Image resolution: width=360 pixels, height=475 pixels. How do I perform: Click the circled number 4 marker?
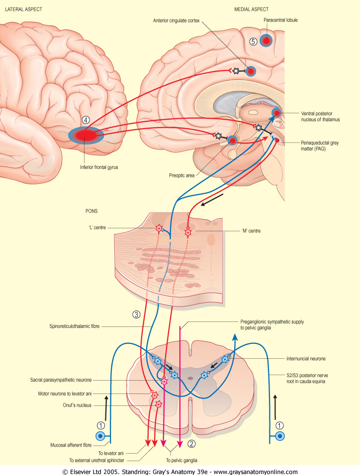click(x=86, y=120)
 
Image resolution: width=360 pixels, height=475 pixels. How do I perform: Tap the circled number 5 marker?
click(x=253, y=42)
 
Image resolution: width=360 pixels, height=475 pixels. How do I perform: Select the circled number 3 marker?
click(x=136, y=315)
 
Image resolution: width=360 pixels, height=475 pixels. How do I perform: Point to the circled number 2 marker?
click(x=191, y=444)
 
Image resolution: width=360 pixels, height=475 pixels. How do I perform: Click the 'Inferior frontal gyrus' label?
click(x=99, y=167)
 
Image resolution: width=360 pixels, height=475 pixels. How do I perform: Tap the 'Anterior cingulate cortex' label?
click(x=176, y=20)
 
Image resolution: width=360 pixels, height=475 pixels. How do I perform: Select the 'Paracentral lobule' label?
click(x=280, y=20)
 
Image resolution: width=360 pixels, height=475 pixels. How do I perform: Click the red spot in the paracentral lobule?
click(x=266, y=41)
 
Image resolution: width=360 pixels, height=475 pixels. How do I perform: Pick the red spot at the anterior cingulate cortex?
click(x=251, y=72)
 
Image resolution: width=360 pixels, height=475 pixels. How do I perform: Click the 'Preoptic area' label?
click(x=181, y=175)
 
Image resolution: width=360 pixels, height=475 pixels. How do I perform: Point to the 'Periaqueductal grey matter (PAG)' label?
click(x=320, y=146)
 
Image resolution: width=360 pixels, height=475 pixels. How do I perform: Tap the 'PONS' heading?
click(x=91, y=211)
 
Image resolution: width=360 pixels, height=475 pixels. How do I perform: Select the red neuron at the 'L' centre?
click(x=159, y=229)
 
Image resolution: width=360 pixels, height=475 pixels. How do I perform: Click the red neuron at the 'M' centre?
click(x=188, y=233)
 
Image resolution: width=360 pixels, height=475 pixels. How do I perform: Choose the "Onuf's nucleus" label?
click(x=77, y=405)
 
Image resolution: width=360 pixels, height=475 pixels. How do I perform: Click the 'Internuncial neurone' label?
click(x=306, y=359)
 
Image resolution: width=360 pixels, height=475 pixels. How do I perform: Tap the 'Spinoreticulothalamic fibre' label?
click(x=74, y=326)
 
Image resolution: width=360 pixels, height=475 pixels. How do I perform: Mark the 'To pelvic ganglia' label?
click(x=181, y=461)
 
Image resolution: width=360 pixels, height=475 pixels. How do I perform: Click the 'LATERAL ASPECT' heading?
click(x=24, y=9)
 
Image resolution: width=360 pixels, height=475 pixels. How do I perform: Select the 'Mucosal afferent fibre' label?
click(x=71, y=445)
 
